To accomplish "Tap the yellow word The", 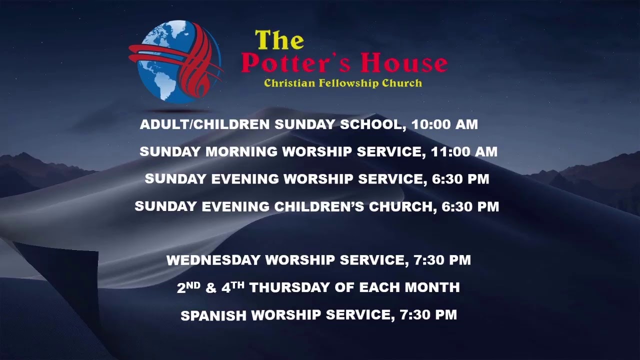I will (279, 40).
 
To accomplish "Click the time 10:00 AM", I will (444, 124).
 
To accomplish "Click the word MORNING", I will (242, 152).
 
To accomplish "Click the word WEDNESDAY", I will (213, 260).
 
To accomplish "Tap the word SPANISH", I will (213, 315).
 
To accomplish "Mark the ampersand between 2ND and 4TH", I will (210, 288).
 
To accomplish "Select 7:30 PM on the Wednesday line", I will (442, 260).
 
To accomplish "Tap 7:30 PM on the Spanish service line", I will (428, 315).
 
